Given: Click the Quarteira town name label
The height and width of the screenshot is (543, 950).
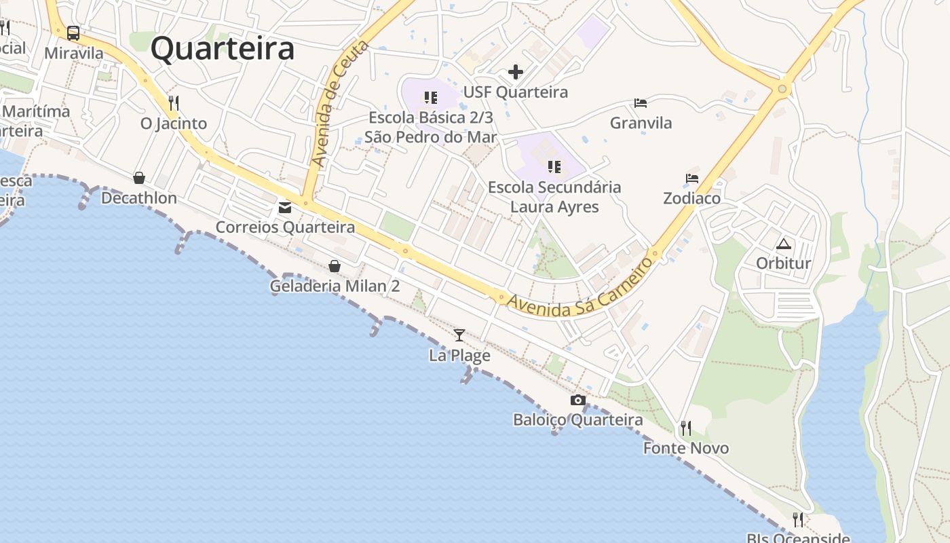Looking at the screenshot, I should tap(223, 49).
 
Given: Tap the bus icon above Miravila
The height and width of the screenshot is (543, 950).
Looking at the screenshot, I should tap(73, 33).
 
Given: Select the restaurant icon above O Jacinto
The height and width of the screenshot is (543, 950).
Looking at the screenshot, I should tap(174, 103).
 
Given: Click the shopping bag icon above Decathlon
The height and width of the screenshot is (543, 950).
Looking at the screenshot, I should tap(139, 178).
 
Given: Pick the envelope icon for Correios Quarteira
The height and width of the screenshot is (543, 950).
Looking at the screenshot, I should tap(285, 207).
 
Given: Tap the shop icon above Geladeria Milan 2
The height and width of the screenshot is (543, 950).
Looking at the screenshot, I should tap(335, 266).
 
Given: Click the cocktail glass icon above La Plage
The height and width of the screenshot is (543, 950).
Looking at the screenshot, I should tap(459, 335).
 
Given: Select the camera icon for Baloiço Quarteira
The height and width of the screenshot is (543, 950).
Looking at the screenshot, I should tap(578, 400).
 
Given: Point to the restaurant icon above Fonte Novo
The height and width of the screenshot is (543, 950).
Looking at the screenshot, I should tap(686, 428).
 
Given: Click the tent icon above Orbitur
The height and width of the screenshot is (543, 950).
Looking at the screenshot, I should tap(784, 244).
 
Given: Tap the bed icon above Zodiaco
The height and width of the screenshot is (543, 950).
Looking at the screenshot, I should tap(692, 179).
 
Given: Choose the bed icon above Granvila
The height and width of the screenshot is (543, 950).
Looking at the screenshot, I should tap(641, 103).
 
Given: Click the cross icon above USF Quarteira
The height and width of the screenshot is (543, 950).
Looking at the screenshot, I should tap(516, 71).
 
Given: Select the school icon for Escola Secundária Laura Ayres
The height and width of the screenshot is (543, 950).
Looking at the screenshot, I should tap(554, 166).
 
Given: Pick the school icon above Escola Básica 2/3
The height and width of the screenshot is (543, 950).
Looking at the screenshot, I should tap(431, 98).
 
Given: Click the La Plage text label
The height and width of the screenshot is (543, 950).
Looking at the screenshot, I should tap(459, 355).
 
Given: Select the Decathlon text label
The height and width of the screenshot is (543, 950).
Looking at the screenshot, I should tap(139, 198).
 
